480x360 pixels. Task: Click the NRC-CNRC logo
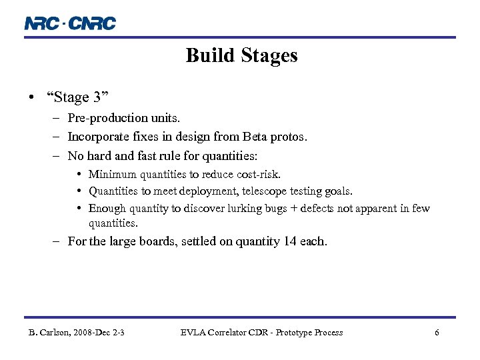pos(70,23)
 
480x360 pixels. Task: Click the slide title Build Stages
pos(241,55)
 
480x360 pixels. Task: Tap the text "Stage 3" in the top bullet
pos(77,97)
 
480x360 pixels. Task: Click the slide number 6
pos(437,333)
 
